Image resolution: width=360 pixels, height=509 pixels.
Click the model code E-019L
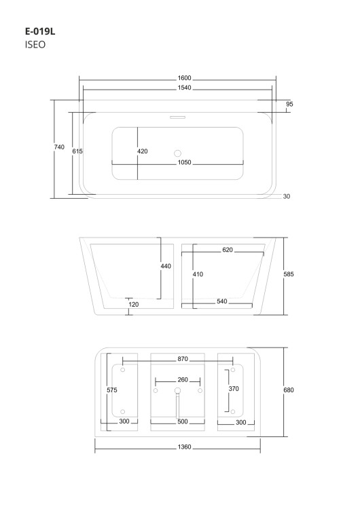(40, 31)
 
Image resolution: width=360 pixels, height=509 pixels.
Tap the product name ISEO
(35, 45)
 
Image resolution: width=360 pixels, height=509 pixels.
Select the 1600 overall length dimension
(184, 78)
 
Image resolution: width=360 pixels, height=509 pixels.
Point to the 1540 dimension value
(184, 88)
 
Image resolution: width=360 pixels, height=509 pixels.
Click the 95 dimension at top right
(289, 104)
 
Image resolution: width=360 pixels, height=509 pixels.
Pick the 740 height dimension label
(59, 147)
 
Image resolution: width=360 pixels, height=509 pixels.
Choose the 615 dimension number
(77, 151)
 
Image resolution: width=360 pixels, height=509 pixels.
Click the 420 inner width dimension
(143, 151)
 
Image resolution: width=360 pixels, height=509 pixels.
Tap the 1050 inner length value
(184, 162)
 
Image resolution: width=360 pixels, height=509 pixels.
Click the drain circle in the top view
(177, 153)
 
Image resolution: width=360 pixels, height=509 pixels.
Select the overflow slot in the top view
(177, 117)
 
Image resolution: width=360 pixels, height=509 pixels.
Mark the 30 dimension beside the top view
(286, 196)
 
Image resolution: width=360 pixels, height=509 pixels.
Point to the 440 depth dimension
(166, 266)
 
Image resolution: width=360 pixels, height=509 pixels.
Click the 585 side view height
(289, 274)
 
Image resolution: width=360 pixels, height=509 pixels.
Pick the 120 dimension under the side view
(134, 304)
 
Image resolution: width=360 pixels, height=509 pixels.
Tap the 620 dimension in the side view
(228, 250)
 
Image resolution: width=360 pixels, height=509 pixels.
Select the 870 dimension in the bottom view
(183, 359)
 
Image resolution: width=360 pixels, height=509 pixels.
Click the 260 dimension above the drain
(183, 379)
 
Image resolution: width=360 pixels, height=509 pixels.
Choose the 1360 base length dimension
(184, 447)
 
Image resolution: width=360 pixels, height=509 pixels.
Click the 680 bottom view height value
(289, 390)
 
